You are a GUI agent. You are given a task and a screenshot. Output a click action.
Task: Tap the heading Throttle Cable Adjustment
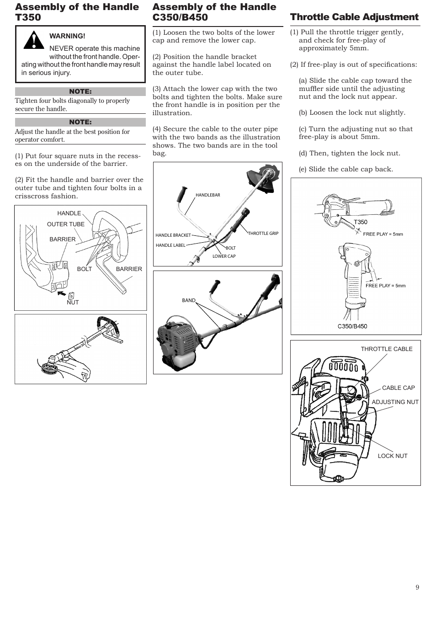tap(354, 17)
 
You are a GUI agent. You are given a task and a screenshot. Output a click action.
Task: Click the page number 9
tap(417, 588)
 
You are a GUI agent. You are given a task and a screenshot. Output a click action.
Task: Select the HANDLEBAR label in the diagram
tap(207, 195)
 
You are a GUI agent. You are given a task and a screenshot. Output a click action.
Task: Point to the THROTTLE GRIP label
tap(263, 234)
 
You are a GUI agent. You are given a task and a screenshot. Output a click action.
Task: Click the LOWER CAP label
tap(224, 256)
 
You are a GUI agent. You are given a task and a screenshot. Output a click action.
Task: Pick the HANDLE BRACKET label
tap(173, 235)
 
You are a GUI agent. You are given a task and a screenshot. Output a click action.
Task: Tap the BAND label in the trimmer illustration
tap(188, 300)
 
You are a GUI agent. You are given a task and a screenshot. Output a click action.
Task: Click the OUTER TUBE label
tap(66, 224)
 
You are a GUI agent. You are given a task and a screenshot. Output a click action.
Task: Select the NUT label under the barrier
tap(73, 303)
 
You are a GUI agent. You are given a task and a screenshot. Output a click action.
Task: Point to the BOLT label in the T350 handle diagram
tap(84, 269)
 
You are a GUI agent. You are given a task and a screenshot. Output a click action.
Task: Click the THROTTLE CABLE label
tap(386, 349)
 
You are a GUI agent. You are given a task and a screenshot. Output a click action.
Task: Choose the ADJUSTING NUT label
tap(395, 402)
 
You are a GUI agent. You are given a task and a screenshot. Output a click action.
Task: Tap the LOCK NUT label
tap(392, 456)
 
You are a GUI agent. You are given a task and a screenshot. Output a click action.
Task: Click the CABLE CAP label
tap(398, 388)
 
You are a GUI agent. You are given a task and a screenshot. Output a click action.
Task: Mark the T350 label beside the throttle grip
tap(361, 222)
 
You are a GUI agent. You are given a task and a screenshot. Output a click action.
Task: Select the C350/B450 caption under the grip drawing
tap(352, 326)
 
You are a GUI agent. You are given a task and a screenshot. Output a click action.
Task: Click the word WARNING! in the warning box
tap(67, 36)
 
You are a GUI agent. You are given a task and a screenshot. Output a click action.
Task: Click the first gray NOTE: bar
tap(80, 92)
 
